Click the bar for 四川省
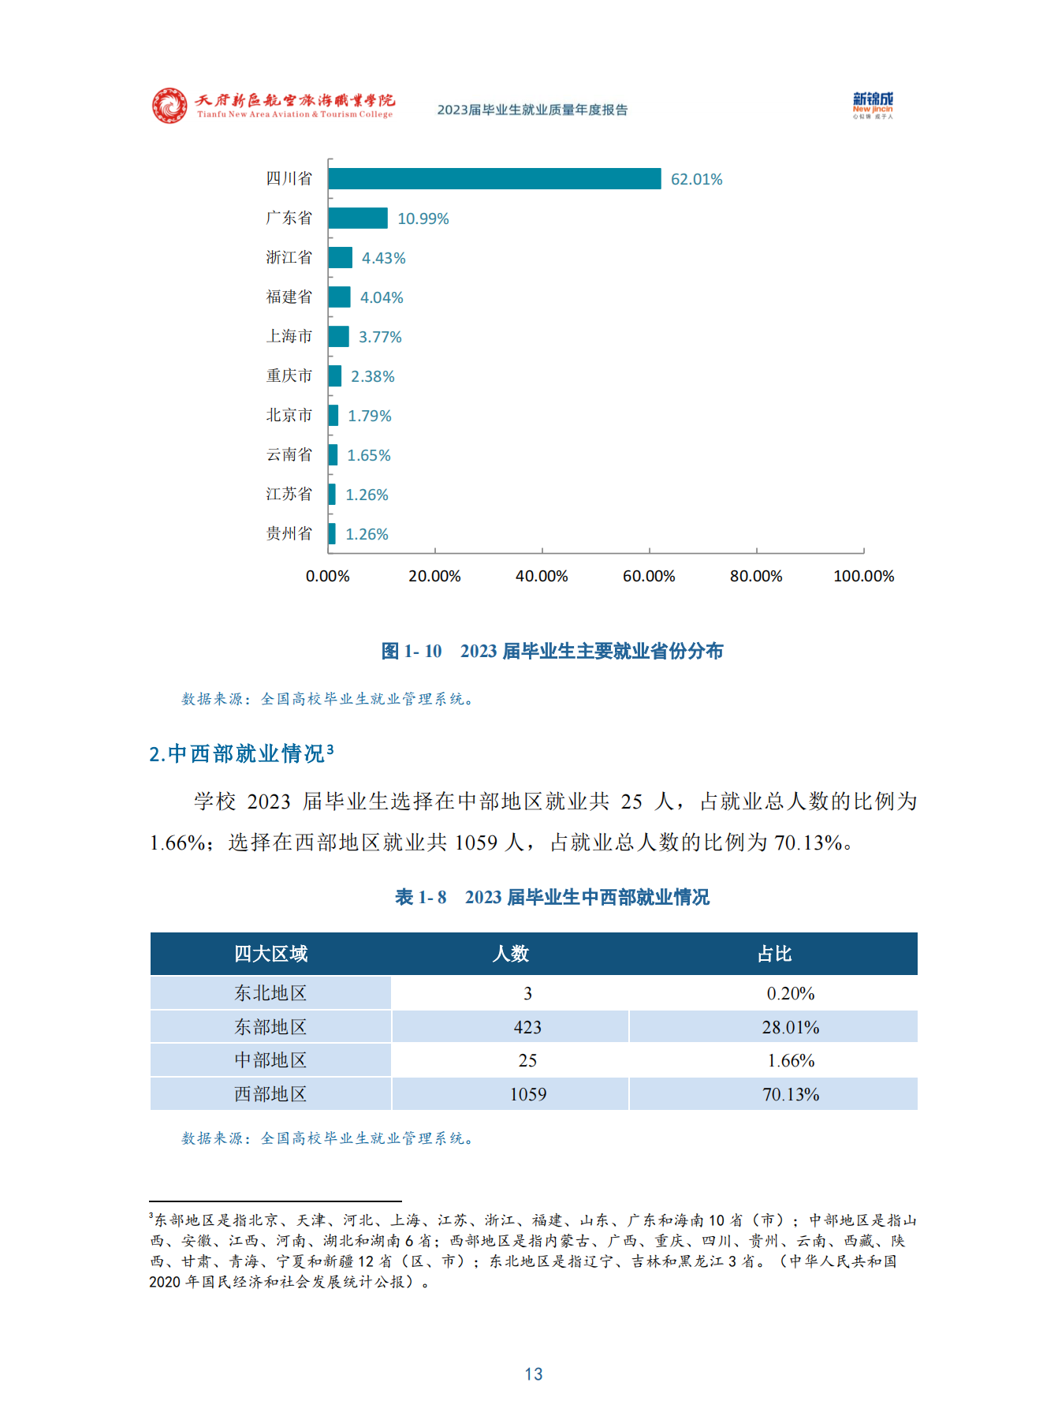494,179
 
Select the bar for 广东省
358,219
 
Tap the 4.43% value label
383,258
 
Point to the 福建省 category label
289,297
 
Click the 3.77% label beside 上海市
380,337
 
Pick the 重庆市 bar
335,376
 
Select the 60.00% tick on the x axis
649,577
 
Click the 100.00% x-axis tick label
863,577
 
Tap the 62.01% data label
696,180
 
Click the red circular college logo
169,106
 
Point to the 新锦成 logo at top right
873,105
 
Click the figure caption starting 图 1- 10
552,651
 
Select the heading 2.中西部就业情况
241,754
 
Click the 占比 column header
774,955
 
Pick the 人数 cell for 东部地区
527,1027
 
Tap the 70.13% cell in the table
791,1095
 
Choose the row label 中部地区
270,1061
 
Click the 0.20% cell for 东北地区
791,994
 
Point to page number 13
534,1374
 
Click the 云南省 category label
289,455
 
